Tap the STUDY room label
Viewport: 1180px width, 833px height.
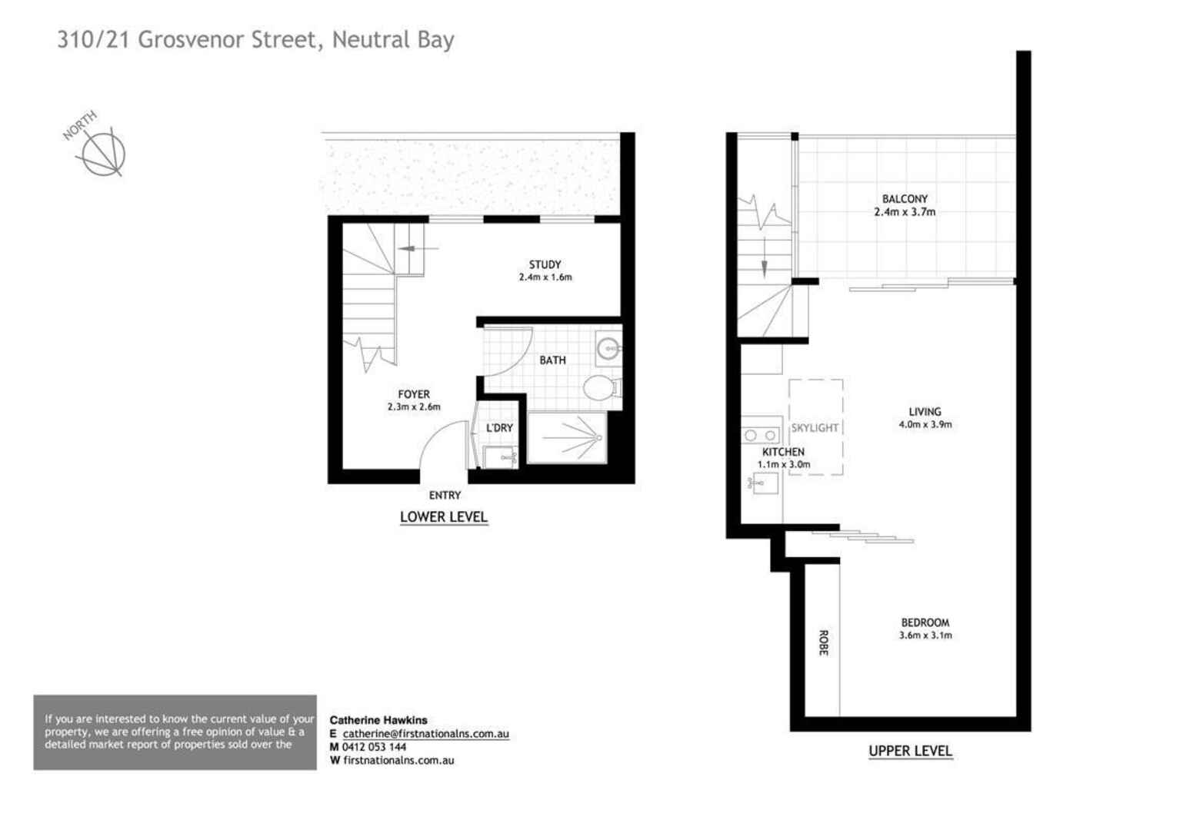(x=545, y=264)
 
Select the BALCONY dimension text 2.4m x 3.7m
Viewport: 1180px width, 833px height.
(x=905, y=212)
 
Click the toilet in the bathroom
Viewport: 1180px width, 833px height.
(x=601, y=387)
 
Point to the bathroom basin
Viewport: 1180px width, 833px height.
(x=608, y=350)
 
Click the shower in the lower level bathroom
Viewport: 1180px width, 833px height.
(x=568, y=438)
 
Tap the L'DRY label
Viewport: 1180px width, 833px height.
(x=499, y=428)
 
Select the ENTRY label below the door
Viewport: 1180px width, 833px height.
(x=445, y=496)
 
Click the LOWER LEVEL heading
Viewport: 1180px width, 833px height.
(x=444, y=517)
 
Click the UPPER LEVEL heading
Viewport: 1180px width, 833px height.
(x=910, y=751)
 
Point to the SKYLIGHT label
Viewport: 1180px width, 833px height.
(x=815, y=428)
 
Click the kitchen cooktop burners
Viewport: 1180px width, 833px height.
(x=760, y=436)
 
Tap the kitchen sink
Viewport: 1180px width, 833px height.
(x=764, y=483)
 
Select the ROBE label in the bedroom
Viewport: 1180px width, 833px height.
(x=823, y=642)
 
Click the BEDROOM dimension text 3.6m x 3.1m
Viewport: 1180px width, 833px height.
(x=925, y=636)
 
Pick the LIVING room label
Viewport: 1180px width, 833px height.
(x=925, y=412)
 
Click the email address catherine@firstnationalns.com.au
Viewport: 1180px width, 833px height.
(x=425, y=734)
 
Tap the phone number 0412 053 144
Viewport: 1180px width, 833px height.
(x=374, y=747)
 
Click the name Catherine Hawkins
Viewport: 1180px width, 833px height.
(x=378, y=720)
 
